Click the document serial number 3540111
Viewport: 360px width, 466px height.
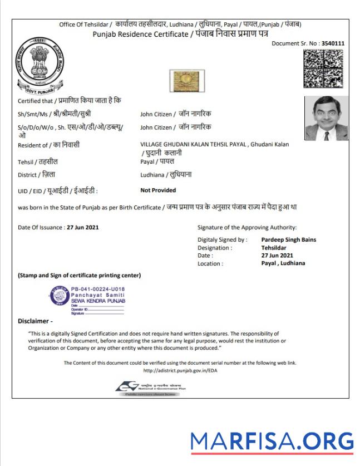click(333, 43)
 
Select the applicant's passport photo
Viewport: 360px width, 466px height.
click(326, 118)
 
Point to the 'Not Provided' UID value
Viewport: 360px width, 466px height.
click(158, 190)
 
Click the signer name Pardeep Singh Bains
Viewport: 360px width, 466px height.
click(288, 240)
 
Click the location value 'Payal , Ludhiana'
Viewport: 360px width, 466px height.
click(283, 263)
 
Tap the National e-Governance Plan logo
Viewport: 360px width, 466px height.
click(147, 387)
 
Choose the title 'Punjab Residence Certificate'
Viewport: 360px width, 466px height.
click(141, 35)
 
